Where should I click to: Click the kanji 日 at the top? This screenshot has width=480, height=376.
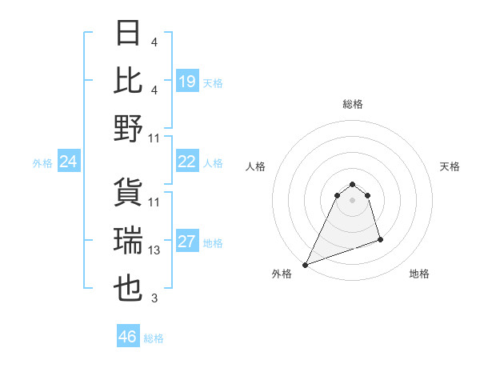point(129,34)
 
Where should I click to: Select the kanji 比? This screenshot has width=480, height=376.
point(129,81)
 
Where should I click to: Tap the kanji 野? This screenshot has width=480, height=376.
point(129,128)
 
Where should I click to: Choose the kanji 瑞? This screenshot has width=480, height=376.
point(129,241)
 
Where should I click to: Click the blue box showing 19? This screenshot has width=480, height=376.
point(187,82)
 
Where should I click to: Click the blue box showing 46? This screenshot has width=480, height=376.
point(127,337)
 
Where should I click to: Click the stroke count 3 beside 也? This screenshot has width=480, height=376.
point(154,298)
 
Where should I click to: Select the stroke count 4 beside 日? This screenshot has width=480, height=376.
point(154,42)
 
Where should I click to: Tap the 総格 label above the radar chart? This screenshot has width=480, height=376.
point(352,104)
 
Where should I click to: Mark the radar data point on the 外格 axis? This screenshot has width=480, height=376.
point(305,265)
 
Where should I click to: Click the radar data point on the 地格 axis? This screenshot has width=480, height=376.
point(380,239)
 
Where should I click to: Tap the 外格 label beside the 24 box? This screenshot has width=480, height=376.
point(42,163)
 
